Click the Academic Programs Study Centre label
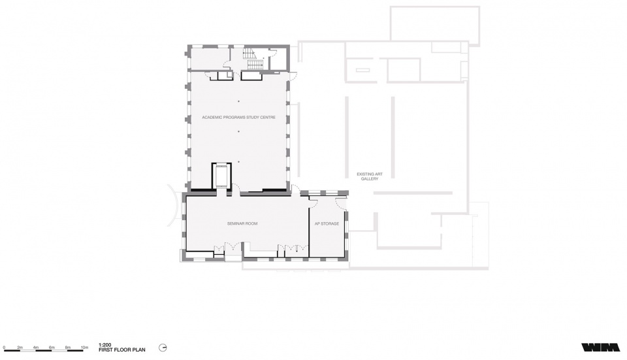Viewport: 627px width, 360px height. pos(238,117)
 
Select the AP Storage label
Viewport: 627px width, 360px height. pos(327,223)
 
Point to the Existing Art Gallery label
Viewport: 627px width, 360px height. pos(370,176)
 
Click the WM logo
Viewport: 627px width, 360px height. pos(601,347)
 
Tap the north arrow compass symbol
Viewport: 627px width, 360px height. pos(163,348)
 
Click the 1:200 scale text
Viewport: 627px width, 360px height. pos(104,345)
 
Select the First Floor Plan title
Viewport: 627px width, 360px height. pos(122,350)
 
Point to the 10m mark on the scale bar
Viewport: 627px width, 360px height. pos(84,348)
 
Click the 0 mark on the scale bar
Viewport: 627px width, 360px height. pos(4,348)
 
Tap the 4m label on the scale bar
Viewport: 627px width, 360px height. pos(36,348)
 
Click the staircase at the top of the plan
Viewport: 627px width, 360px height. pos(252,60)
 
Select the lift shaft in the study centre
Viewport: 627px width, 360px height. pos(221,176)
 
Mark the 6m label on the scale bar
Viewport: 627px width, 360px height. pos(52,348)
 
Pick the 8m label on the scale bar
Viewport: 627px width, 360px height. pos(68,348)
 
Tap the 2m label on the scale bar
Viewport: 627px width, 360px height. pos(20,348)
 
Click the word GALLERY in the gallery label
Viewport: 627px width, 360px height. pos(370,179)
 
